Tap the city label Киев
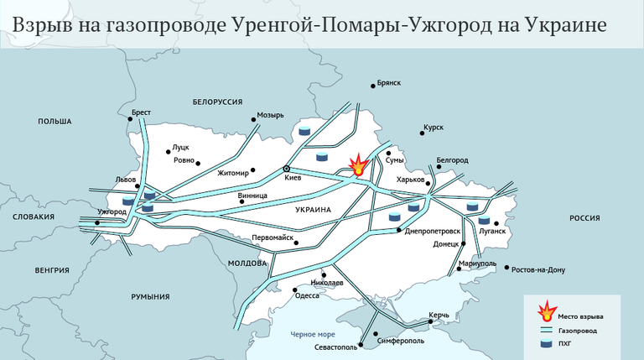point(293,179)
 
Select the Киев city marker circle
point(287,168)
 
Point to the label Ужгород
point(112,211)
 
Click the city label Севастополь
point(335,347)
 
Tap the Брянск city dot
point(373,86)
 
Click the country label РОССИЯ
point(585,217)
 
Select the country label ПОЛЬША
point(55,122)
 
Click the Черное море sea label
point(313,334)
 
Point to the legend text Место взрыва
point(580,316)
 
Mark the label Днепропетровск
point(433,231)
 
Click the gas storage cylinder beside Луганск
point(484,221)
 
